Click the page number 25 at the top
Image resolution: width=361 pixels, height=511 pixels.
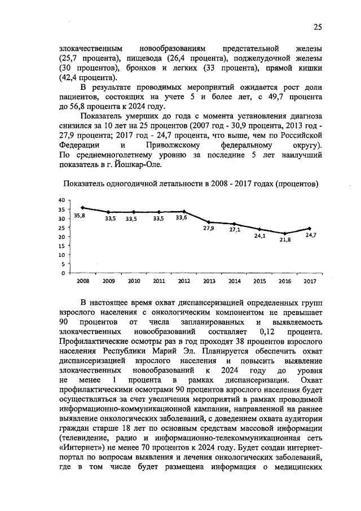point(318,27)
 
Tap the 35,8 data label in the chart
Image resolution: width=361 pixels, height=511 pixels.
point(80,217)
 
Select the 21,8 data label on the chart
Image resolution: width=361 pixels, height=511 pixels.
point(285,239)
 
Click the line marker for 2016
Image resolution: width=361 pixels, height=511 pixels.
point(285,233)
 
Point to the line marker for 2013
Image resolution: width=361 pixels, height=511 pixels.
point(209,222)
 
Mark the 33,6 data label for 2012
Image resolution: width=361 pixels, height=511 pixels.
point(182,217)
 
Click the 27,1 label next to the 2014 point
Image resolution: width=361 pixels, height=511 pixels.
point(235,230)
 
